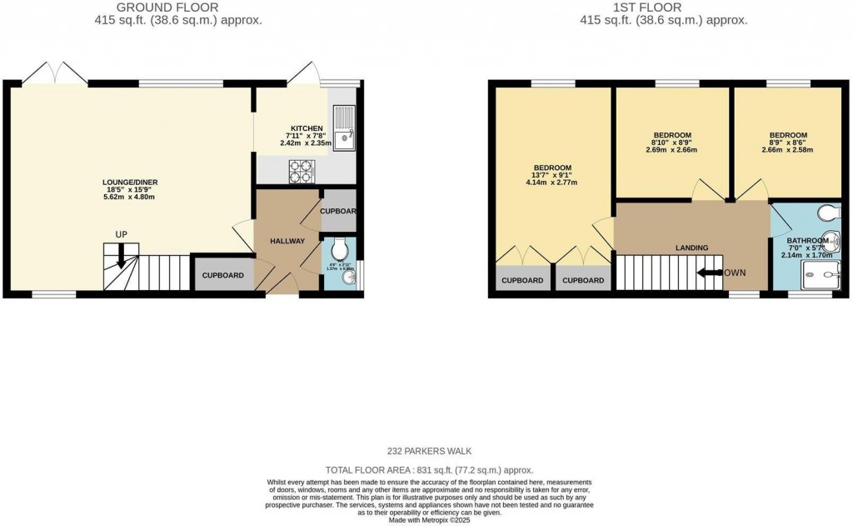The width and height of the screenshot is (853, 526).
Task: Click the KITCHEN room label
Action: [305, 128]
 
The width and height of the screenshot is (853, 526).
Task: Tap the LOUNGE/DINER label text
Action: [130, 182]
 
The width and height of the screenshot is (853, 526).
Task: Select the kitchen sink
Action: [344, 132]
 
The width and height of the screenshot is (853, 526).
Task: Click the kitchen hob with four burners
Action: [302, 172]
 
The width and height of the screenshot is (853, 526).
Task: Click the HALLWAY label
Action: [287, 241]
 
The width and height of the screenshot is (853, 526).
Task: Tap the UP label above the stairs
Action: [121, 234]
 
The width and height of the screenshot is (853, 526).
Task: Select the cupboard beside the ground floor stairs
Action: [222, 275]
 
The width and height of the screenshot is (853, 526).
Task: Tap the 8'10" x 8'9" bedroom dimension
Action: [671, 143]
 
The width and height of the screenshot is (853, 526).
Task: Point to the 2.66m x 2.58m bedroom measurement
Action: [787, 150]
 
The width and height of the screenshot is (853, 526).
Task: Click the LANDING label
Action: [691, 248]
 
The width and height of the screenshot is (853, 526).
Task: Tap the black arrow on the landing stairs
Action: [708, 273]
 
